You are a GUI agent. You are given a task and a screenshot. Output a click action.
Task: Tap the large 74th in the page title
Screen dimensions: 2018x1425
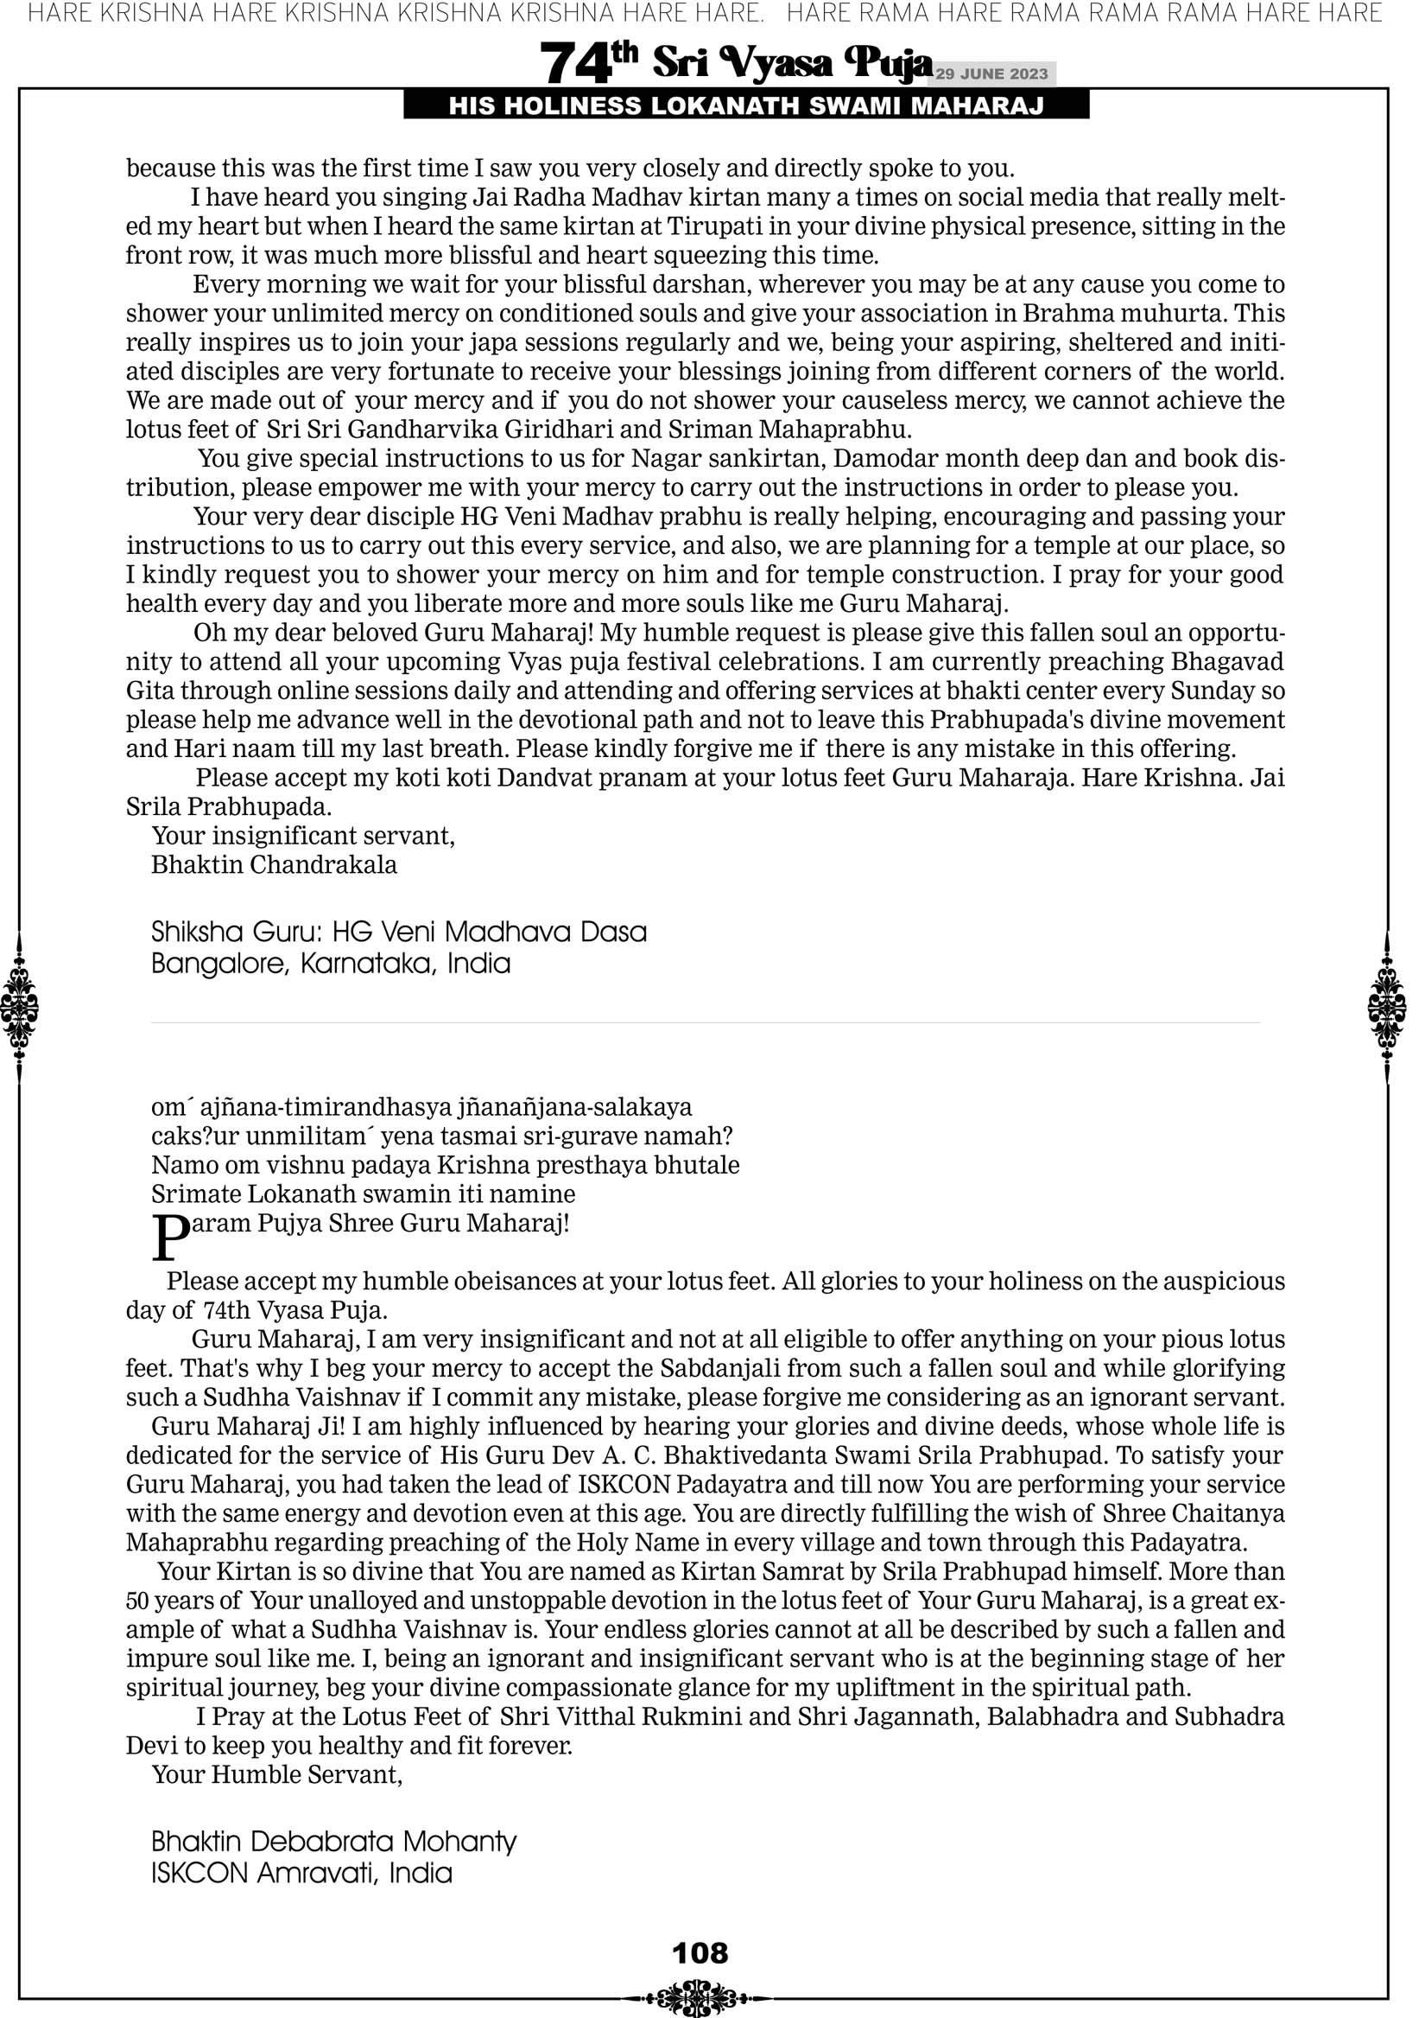(x=588, y=63)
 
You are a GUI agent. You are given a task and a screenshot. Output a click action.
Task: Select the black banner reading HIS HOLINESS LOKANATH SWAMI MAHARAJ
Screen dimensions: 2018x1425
(x=746, y=106)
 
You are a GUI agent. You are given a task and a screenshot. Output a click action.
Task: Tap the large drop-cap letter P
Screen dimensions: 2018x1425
(x=170, y=1238)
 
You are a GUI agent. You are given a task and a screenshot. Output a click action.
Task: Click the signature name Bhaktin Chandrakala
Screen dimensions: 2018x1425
(x=274, y=865)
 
